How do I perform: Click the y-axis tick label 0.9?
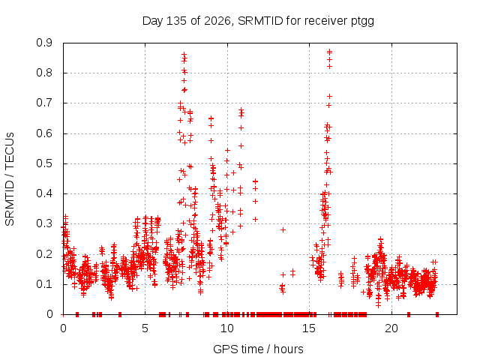point(44,43)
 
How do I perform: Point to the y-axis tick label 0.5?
point(44,163)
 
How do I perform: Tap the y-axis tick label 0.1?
point(44,284)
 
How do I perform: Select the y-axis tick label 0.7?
point(44,103)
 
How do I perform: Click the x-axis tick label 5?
point(145,328)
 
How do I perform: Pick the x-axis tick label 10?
point(226,328)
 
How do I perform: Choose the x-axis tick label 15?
point(309,328)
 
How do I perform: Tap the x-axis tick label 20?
point(391,328)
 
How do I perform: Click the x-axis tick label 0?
point(63,328)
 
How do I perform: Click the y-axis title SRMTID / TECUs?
point(10,179)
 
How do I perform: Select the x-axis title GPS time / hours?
point(258,349)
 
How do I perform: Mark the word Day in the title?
point(152,21)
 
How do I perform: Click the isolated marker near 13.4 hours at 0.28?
point(283,229)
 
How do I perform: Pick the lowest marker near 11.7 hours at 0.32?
point(255,219)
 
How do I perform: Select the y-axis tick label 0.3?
point(44,223)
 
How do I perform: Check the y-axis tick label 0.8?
point(44,73)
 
